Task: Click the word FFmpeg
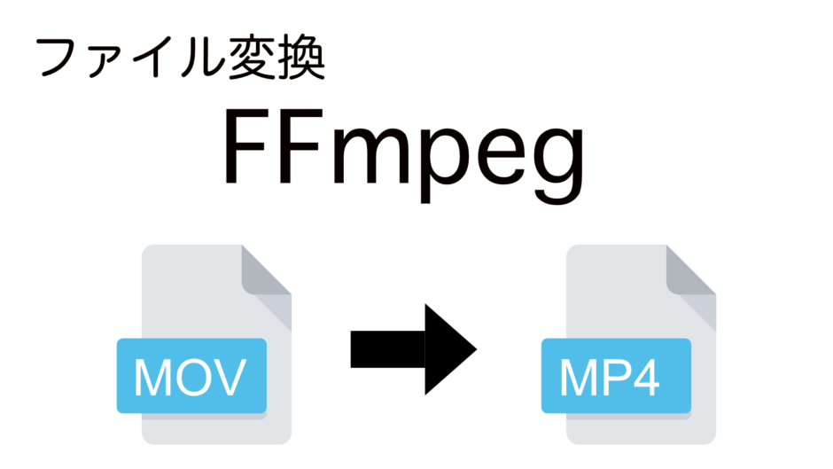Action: click(x=404, y=155)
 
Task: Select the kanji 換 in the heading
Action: click(x=301, y=58)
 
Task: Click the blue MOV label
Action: click(x=191, y=375)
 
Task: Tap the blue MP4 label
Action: click(x=616, y=375)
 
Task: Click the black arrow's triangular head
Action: click(x=450, y=349)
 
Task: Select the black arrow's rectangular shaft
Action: click(x=388, y=349)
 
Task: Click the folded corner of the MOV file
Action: click(x=263, y=272)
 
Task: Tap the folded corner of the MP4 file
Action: click(x=688, y=272)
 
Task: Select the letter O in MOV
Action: click(x=189, y=377)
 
